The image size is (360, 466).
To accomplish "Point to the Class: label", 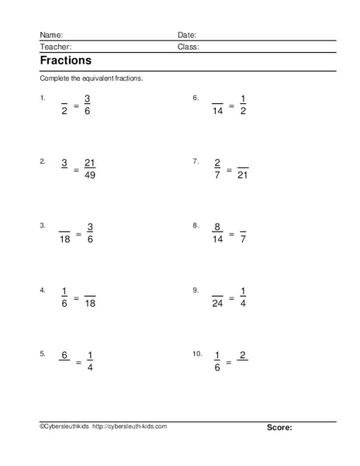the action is click(x=188, y=47).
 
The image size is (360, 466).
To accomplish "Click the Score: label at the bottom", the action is click(x=279, y=427).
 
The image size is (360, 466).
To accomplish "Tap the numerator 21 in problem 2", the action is click(x=89, y=163).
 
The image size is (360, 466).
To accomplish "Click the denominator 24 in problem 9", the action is click(x=217, y=303).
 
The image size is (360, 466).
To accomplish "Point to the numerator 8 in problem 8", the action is click(x=217, y=227).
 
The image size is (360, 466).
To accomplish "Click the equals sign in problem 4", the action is click(x=76, y=297).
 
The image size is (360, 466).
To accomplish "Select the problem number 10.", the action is click(x=197, y=353).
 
